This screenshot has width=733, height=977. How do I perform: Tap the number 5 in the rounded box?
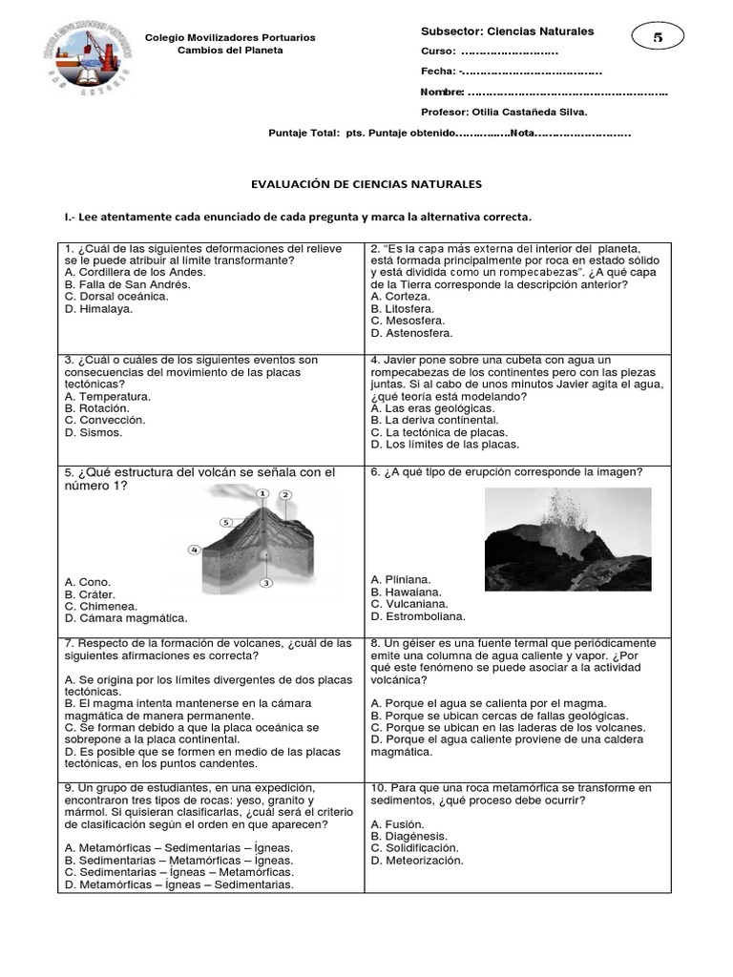point(658,37)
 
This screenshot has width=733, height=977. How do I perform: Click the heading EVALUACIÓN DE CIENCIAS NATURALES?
point(366,183)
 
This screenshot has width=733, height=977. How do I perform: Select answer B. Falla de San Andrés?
point(128,284)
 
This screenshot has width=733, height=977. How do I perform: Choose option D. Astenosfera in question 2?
point(411,334)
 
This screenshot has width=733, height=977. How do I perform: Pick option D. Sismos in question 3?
point(94,432)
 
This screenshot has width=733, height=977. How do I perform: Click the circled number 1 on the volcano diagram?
point(262,492)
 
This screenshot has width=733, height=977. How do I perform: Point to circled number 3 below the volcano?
point(266,582)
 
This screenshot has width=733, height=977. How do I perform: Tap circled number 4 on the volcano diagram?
point(194,550)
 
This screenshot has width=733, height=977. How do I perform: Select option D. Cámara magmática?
point(126,618)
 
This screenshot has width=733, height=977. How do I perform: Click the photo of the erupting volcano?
point(568,539)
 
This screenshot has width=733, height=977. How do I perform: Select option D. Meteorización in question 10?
point(417,860)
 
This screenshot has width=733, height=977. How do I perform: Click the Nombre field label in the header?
point(442,92)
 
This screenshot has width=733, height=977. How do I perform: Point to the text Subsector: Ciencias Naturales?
point(507,31)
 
